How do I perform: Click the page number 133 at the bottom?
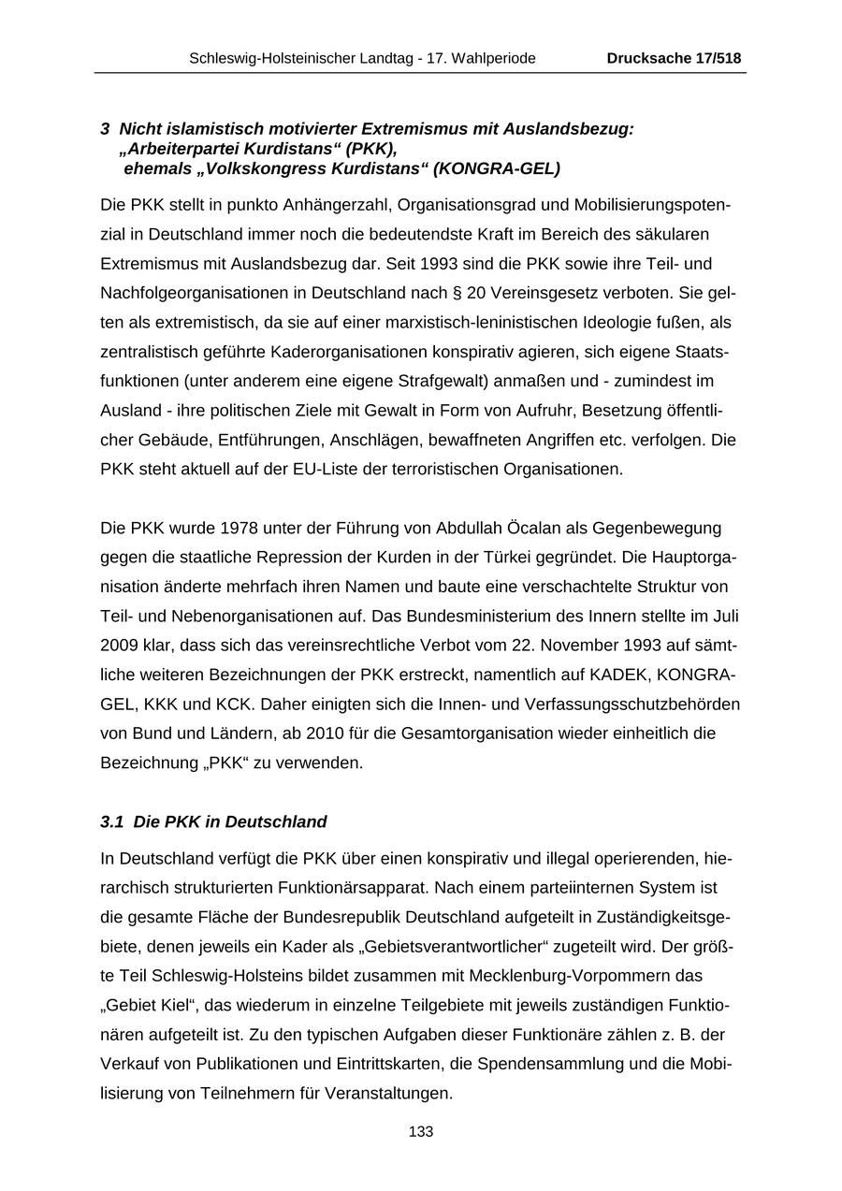pos(421,1132)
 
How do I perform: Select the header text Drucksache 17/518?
pos(674,58)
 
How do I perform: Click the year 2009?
pos(119,646)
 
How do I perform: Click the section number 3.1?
pos(112,822)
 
